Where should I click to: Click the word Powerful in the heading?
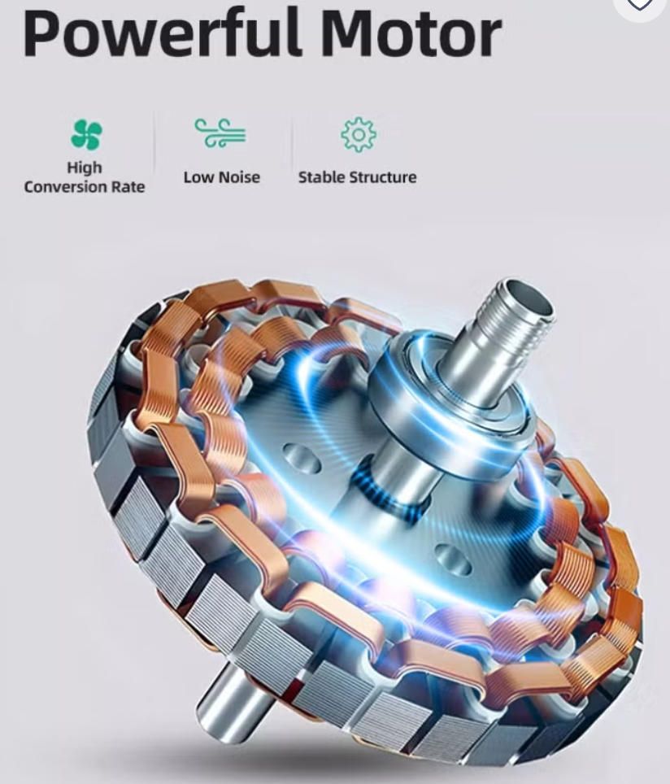(162, 32)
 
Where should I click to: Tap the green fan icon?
(86, 134)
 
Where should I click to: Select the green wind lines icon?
(220, 133)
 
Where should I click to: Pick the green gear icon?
(359, 134)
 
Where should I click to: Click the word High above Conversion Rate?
(85, 168)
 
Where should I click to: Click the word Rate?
(128, 187)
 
